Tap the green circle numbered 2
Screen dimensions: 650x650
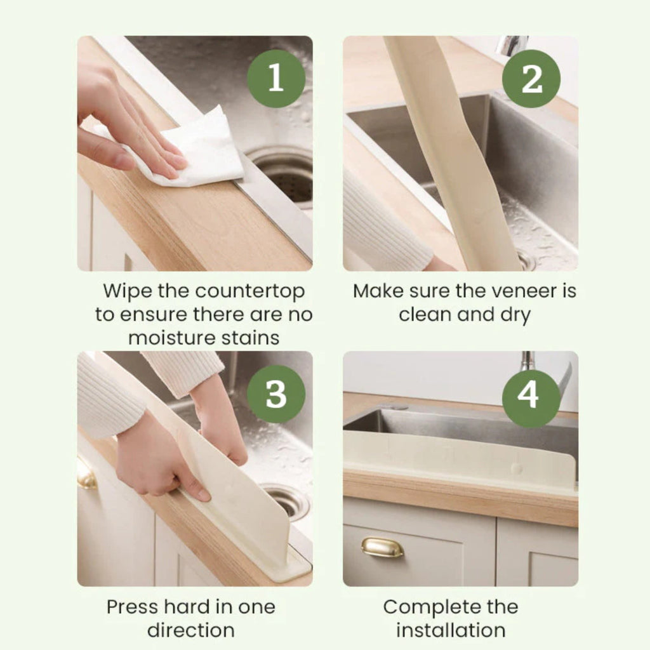(x=531, y=78)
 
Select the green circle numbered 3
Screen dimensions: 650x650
(x=275, y=394)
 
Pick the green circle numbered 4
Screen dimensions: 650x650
(x=531, y=394)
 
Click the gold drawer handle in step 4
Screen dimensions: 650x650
(x=382, y=547)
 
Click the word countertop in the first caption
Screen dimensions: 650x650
(x=249, y=291)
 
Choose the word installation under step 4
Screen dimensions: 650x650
(x=451, y=630)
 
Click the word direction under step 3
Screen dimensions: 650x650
(x=190, y=630)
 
